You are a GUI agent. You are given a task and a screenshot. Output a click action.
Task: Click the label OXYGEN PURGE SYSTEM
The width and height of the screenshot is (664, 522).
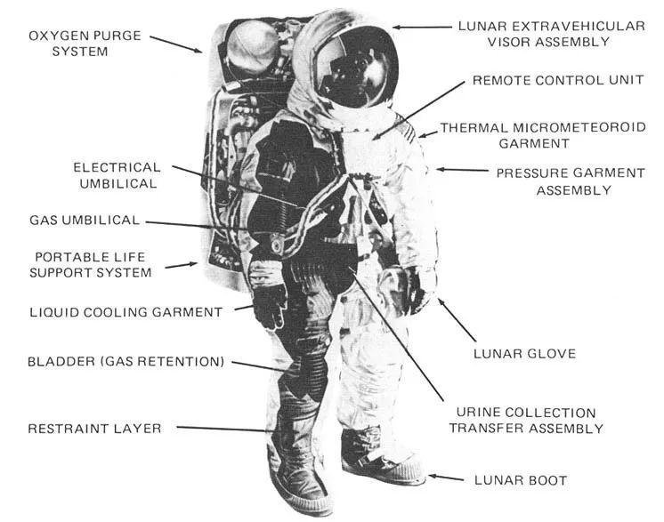point(79,43)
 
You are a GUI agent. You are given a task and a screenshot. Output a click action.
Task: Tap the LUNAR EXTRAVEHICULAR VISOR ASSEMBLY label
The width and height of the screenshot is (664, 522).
point(551,33)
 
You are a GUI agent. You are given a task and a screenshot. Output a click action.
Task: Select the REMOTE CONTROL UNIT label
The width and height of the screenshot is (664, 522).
point(558,80)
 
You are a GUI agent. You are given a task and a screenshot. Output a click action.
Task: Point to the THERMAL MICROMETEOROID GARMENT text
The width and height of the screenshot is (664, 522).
point(542,134)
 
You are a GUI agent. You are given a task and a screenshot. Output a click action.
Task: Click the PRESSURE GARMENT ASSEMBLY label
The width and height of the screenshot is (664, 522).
point(570,181)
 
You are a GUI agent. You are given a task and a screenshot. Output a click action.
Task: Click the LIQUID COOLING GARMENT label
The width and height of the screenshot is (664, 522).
point(126,312)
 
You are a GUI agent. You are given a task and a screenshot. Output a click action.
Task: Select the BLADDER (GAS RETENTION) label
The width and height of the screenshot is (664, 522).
point(126,361)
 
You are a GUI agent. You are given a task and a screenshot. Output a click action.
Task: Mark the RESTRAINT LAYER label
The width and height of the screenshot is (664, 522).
point(94,429)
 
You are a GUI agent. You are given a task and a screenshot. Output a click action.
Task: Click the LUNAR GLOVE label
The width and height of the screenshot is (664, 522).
point(524,353)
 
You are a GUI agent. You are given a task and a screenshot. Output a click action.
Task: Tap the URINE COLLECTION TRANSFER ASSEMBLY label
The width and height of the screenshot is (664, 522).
point(525,421)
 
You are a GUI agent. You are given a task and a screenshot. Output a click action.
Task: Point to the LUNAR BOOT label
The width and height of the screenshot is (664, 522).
point(522,481)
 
